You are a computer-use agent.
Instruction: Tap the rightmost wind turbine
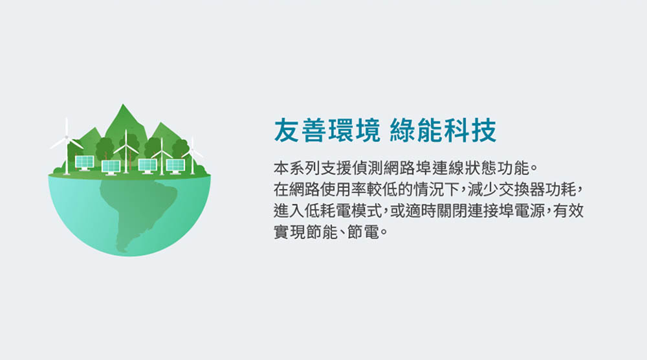click(192, 156)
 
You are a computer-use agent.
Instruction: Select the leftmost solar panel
click(84, 163)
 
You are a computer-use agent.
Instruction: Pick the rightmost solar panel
click(175, 166)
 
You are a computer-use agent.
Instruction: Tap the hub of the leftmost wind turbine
click(67, 137)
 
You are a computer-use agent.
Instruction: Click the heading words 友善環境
click(327, 130)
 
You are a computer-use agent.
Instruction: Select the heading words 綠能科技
click(443, 130)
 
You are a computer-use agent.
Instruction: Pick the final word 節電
click(363, 232)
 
